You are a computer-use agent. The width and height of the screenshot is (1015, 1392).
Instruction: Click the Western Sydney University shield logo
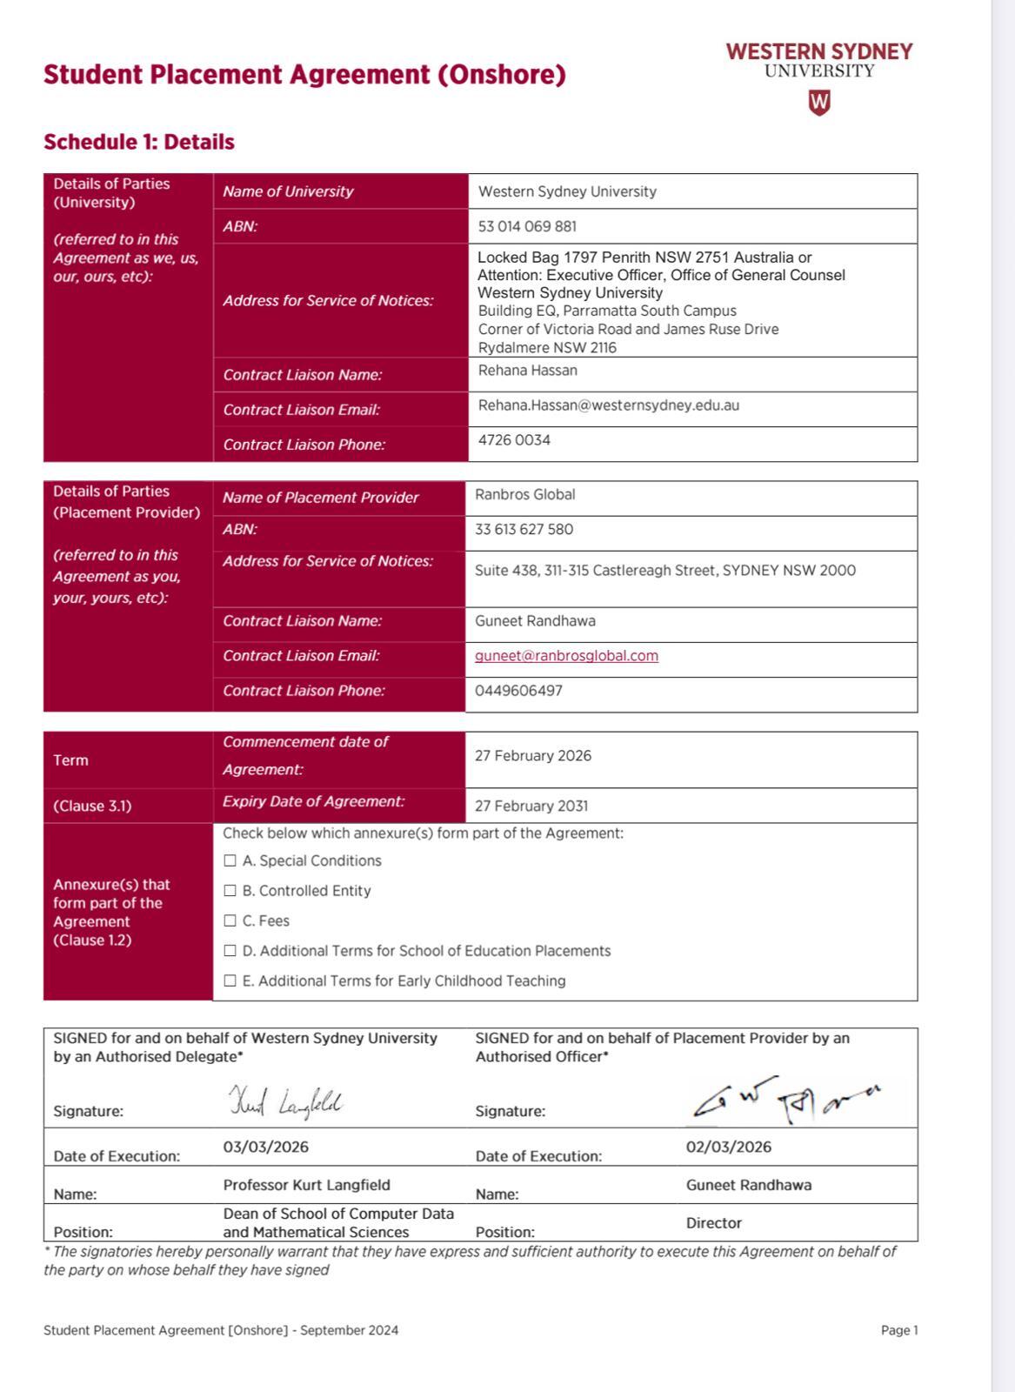819,103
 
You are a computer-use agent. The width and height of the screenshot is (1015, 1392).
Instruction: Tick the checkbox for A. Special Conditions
230,860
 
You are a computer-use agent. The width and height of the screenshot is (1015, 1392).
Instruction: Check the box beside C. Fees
230,920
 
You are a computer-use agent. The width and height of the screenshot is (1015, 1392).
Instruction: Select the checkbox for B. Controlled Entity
230,891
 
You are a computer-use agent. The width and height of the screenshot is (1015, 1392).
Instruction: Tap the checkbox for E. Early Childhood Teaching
230,980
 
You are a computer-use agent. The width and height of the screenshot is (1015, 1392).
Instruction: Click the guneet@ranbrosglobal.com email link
566,656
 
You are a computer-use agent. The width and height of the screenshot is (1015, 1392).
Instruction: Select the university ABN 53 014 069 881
527,226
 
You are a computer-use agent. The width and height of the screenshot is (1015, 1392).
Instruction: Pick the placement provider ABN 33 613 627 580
524,529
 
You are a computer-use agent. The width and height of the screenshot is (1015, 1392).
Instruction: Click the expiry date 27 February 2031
531,806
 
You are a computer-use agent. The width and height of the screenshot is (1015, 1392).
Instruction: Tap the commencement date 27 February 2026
532,755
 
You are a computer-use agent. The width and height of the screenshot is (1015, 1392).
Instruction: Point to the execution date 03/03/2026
265,1147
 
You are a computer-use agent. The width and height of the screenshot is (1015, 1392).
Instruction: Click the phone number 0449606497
518,691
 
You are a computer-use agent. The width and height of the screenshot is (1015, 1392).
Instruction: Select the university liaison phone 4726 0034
514,440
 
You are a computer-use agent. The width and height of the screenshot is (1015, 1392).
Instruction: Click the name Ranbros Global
524,494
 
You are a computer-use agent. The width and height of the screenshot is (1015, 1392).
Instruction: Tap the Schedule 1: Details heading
139,142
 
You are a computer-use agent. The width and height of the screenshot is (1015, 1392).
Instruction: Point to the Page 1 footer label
899,1330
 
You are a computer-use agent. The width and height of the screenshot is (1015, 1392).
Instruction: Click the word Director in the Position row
713,1223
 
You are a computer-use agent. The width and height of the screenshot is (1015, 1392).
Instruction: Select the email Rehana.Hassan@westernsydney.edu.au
608,405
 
